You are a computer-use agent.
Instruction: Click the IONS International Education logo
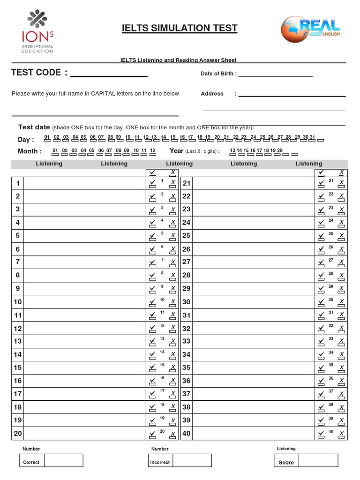pyautogui.click(x=37, y=32)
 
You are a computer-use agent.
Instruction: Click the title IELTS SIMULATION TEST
pyautogui.click(x=180, y=29)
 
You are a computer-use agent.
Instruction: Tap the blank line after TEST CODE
pyautogui.click(x=109, y=73)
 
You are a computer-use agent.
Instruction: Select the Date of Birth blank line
pyautogui.click(x=275, y=74)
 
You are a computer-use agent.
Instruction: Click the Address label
pyautogui.click(x=212, y=94)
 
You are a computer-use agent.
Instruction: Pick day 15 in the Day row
pyautogui.click(x=173, y=138)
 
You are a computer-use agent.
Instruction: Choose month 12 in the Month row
pyautogui.click(x=152, y=151)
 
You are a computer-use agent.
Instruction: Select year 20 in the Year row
pyautogui.click(x=280, y=151)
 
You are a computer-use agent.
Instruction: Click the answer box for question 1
pyautogui.click(x=84, y=183)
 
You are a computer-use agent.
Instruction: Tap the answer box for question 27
pyautogui.click(x=254, y=262)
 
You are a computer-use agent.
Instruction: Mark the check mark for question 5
pyautogui.click(x=152, y=235)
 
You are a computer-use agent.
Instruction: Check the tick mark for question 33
pyautogui.click(x=321, y=341)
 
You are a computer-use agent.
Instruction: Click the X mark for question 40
pyautogui.click(x=341, y=434)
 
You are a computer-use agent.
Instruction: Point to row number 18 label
pyautogui.click(x=17, y=407)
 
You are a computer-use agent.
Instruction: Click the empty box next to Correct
pyautogui.click(x=64, y=460)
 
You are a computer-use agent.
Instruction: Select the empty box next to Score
pyautogui.click(x=318, y=460)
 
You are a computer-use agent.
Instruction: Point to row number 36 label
pyautogui.click(x=187, y=381)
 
